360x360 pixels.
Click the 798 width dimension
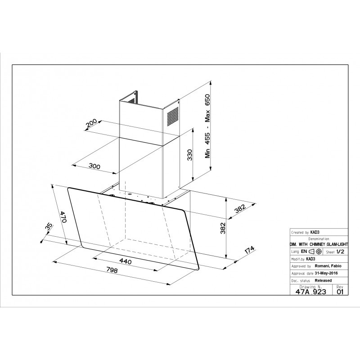click(x=112, y=270)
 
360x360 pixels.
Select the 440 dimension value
click(x=126, y=261)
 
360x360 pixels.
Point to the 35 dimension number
click(x=49, y=227)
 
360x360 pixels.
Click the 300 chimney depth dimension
click(x=94, y=166)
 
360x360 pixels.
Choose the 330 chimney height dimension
click(x=189, y=155)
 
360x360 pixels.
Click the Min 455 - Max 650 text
click(x=207, y=126)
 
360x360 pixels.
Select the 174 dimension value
click(x=250, y=250)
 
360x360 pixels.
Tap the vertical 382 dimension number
click(x=223, y=228)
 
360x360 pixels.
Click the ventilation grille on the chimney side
click(x=173, y=116)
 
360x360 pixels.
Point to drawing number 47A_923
click(x=310, y=292)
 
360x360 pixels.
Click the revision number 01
click(x=340, y=292)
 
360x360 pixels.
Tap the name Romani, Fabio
click(x=328, y=266)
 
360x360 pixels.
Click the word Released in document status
click(x=323, y=280)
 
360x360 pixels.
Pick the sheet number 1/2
click(x=340, y=252)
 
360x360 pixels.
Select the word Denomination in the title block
click(x=319, y=239)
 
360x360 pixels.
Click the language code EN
click(x=304, y=252)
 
